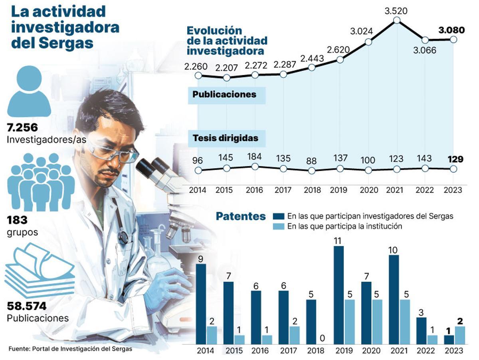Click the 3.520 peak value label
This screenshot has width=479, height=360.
pos(396,11)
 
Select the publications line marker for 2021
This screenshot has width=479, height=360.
pos(396,20)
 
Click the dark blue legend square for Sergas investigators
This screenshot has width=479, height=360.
pos(279,216)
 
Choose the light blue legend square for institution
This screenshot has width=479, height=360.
pos(279,227)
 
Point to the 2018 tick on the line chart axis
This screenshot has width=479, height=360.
pos(312,190)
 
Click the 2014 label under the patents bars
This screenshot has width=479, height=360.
pos(206,351)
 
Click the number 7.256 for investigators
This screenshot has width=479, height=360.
pos(22,128)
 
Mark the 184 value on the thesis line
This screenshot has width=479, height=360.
pos(255,156)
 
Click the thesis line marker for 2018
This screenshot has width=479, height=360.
pos(312,170)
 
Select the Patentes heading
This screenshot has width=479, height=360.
pos(241,217)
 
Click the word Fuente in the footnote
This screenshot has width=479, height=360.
pos(18,348)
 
